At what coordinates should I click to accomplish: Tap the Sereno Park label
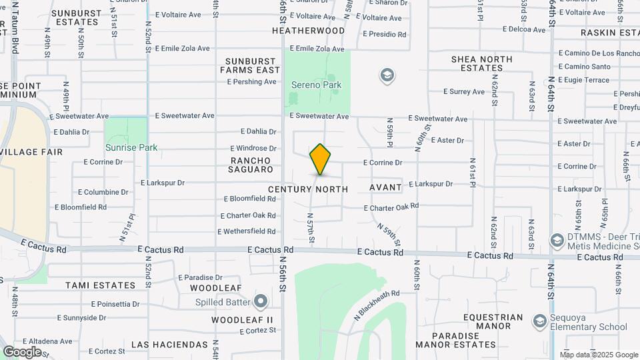point(316,85)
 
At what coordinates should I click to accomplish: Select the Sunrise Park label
point(131,147)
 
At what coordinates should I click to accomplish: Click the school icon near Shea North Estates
point(387,76)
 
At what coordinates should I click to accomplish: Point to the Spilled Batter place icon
point(260,302)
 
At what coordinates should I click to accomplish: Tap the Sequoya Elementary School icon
point(539,322)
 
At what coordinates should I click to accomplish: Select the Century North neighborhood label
point(308,189)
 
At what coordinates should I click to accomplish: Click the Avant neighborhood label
point(386,188)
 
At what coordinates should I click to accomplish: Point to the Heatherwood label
point(308,31)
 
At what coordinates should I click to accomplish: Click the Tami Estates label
point(100,285)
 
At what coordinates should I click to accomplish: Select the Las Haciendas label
point(170,345)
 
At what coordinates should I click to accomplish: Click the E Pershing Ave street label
point(251,82)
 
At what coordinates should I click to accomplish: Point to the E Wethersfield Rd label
point(247,232)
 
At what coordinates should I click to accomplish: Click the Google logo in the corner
point(22,351)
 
